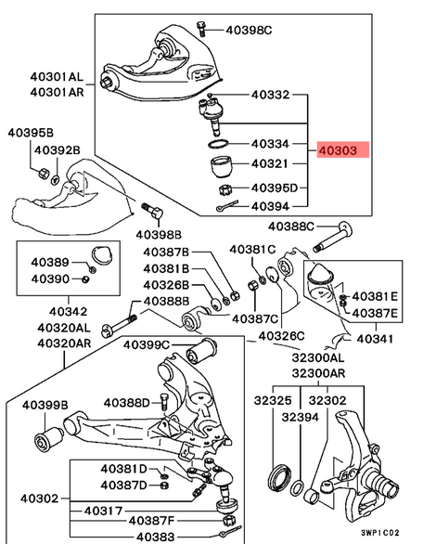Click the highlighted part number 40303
338,150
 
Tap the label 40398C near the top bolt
249,31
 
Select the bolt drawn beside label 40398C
201,29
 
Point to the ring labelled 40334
219,143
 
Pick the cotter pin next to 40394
227,205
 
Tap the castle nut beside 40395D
225,189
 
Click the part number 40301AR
57,92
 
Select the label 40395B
31,133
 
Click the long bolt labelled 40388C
333,237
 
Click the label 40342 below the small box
68,312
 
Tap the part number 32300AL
318,357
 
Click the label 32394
301,417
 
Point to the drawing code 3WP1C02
380,533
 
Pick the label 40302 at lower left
40,499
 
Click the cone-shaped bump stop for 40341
321,273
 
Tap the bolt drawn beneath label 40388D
164,403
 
